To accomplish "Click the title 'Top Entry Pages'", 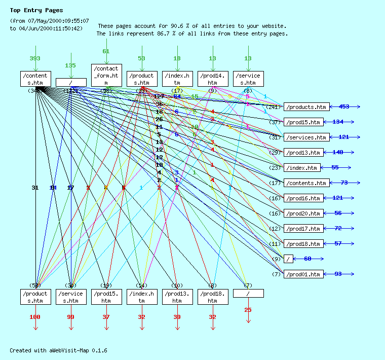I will point(36,10).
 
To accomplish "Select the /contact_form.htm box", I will point(106,75).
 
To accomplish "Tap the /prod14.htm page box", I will point(213,79).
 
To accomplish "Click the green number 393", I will point(35,58).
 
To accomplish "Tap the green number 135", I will point(70,65).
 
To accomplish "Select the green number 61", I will point(106,51).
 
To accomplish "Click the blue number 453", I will point(344,106).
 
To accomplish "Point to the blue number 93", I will point(338,274).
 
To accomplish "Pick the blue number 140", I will point(338,152).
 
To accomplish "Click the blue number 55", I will point(335,167).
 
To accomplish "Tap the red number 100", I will point(35,317).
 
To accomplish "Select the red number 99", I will point(70,317).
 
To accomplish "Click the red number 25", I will point(248,310).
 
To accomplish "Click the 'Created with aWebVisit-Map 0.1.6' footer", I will point(58,350).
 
